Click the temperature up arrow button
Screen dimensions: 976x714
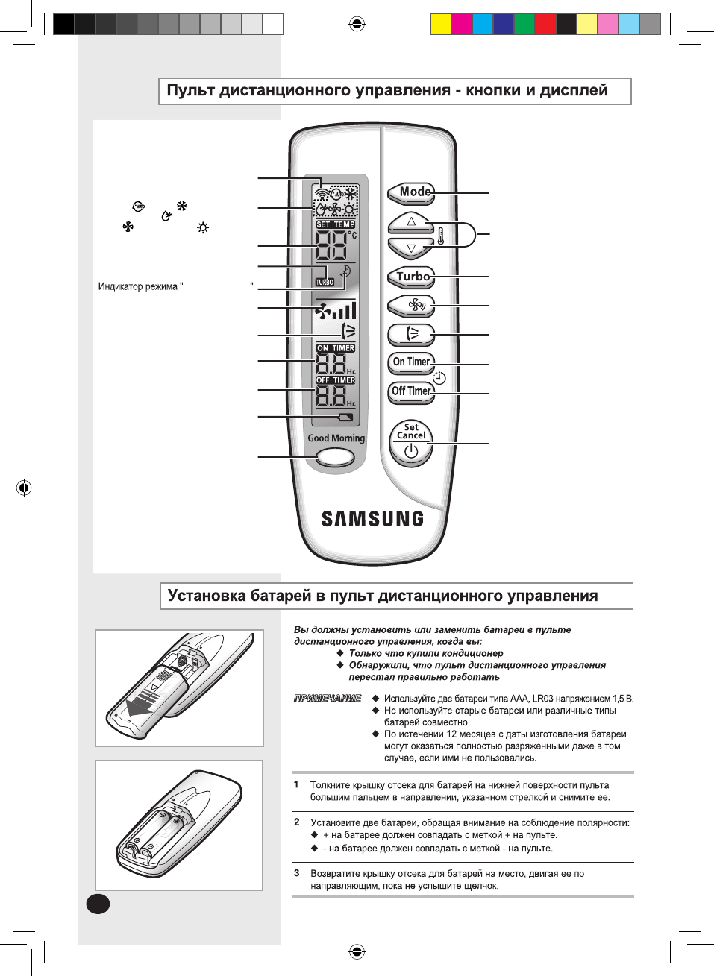click(x=410, y=221)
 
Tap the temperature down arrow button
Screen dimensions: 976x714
click(x=410, y=248)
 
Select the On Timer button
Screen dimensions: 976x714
click(x=411, y=362)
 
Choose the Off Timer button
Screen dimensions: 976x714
click(x=411, y=391)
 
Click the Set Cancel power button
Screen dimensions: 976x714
click(x=411, y=444)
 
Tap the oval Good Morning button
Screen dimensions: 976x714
click(x=335, y=458)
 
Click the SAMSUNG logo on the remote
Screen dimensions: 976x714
click(x=372, y=519)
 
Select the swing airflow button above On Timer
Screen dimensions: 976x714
click(x=411, y=333)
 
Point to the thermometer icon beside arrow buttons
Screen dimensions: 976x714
click(x=441, y=236)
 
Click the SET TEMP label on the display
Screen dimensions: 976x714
click(x=336, y=224)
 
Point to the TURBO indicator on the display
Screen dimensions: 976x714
click(x=325, y=282)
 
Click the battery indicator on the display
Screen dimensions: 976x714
click(x=345, y=418)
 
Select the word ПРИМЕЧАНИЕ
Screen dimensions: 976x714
click(x=328, y=699)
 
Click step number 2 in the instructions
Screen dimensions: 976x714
click(x=297, y=822)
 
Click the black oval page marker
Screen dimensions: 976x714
click(x=98, y=904)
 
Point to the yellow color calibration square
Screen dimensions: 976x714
click(x=441, y=24)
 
